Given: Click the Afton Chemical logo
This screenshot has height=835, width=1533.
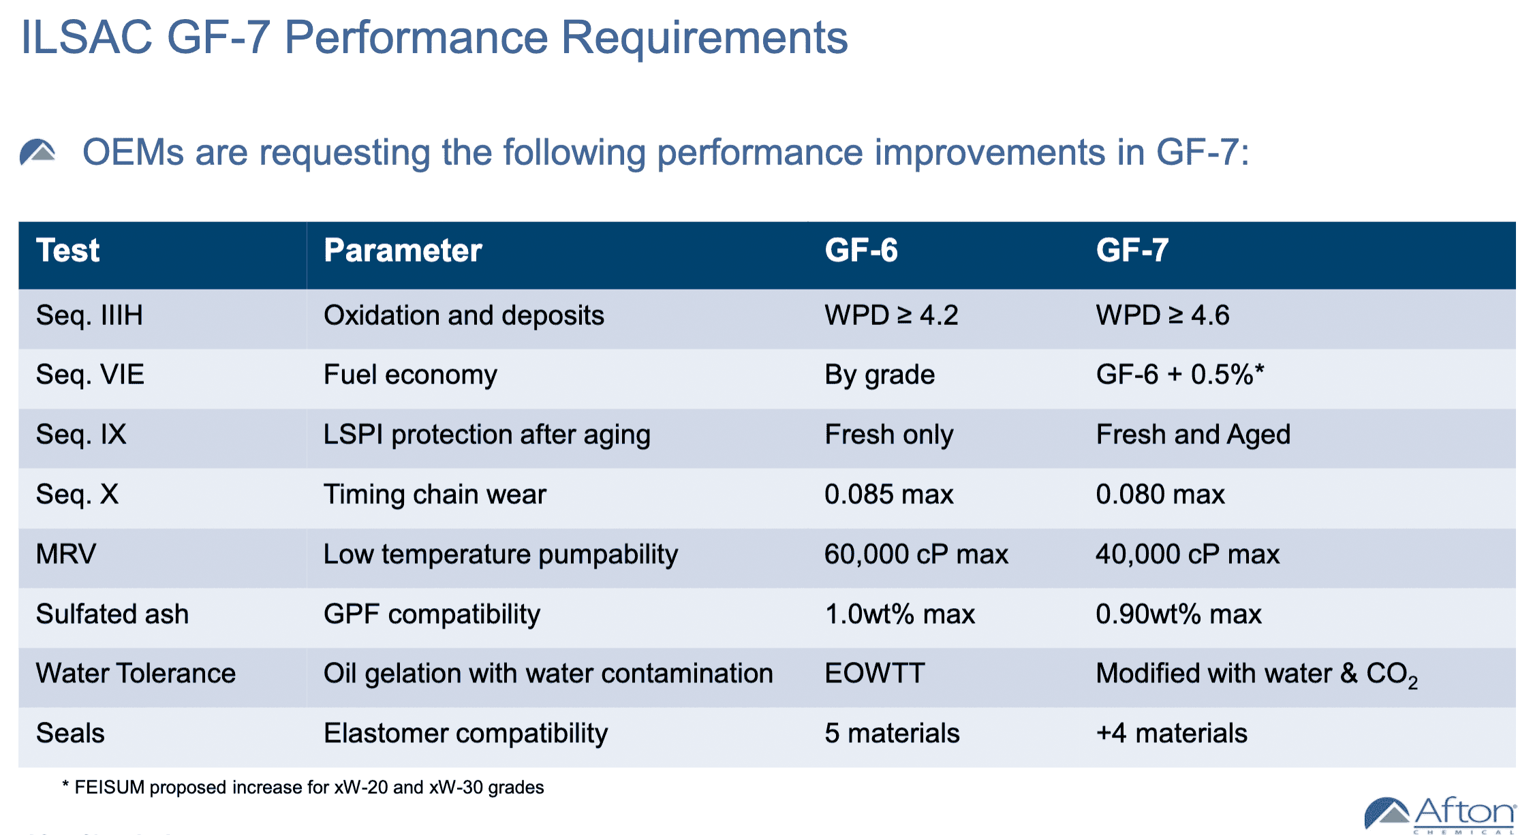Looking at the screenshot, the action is (1440, 815).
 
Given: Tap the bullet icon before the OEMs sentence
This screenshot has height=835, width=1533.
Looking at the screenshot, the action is (37, 152).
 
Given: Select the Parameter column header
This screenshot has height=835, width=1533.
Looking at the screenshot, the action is (403, 251).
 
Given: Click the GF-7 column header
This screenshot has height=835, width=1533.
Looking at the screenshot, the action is (1132, 251).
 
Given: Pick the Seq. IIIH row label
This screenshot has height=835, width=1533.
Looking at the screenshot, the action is (89, 315).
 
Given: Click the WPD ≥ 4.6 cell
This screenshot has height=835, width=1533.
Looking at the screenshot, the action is (1162, 315).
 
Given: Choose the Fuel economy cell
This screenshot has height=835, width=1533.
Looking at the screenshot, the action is (410, 375).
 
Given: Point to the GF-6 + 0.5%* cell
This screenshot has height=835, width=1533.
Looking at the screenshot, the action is (1179, 375).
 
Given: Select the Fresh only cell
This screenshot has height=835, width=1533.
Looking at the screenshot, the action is (888, 435).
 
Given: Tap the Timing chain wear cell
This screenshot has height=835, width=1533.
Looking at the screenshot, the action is (435, 494).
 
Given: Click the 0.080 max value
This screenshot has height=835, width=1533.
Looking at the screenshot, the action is (1160, 494).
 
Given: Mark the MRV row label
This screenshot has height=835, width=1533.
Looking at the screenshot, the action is (66, 554).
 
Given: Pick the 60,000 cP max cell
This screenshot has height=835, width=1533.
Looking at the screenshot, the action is (916, 554).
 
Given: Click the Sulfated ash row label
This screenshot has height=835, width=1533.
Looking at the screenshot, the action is (112, 614).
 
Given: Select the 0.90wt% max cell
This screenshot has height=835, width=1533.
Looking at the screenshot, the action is (1178, 614).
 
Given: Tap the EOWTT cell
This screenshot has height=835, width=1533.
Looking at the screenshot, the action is (875, 674).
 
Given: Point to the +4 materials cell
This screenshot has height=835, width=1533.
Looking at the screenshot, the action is (1171, 734).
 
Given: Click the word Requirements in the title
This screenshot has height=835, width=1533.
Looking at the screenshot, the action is (704, 37).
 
